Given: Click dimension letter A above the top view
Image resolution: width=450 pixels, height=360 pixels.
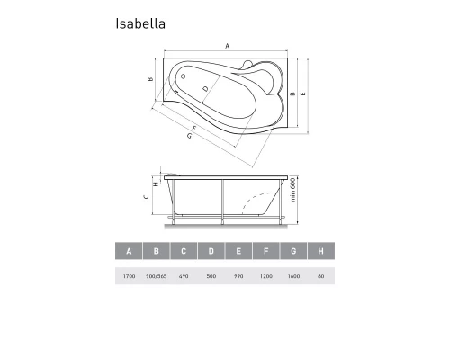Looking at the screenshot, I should (x=228, y=45).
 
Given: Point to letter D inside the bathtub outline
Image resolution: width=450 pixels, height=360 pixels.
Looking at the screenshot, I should (x=206, y=88).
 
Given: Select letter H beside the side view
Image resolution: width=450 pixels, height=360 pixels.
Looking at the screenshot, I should (x=157, y=184).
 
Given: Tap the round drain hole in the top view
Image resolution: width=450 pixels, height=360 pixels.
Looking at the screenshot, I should (x=184, y=77).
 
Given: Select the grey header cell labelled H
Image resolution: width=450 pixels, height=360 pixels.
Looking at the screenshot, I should (x=321, y=252).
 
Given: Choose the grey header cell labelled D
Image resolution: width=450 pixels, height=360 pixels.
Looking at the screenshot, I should (x=211, y=252).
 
